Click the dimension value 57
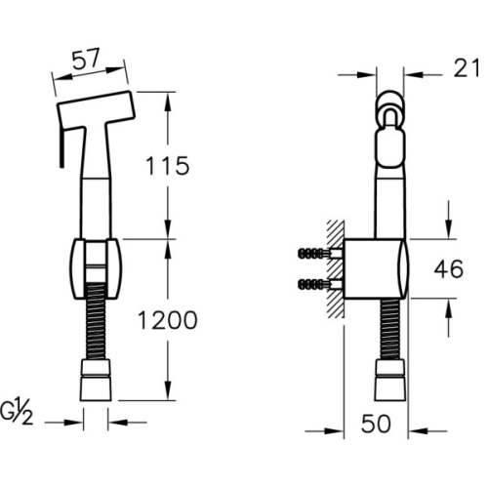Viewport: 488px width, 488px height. (x=85, y=60)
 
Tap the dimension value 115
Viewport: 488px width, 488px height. (x=167, y=166)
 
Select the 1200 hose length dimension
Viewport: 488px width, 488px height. (x=168, y=320)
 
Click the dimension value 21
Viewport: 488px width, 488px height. (x=467, y=68)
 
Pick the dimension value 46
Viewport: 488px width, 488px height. (x=449, y=269)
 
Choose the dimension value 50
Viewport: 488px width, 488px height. (x=376, y=424)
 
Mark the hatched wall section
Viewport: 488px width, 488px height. (x=336, y=269)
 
